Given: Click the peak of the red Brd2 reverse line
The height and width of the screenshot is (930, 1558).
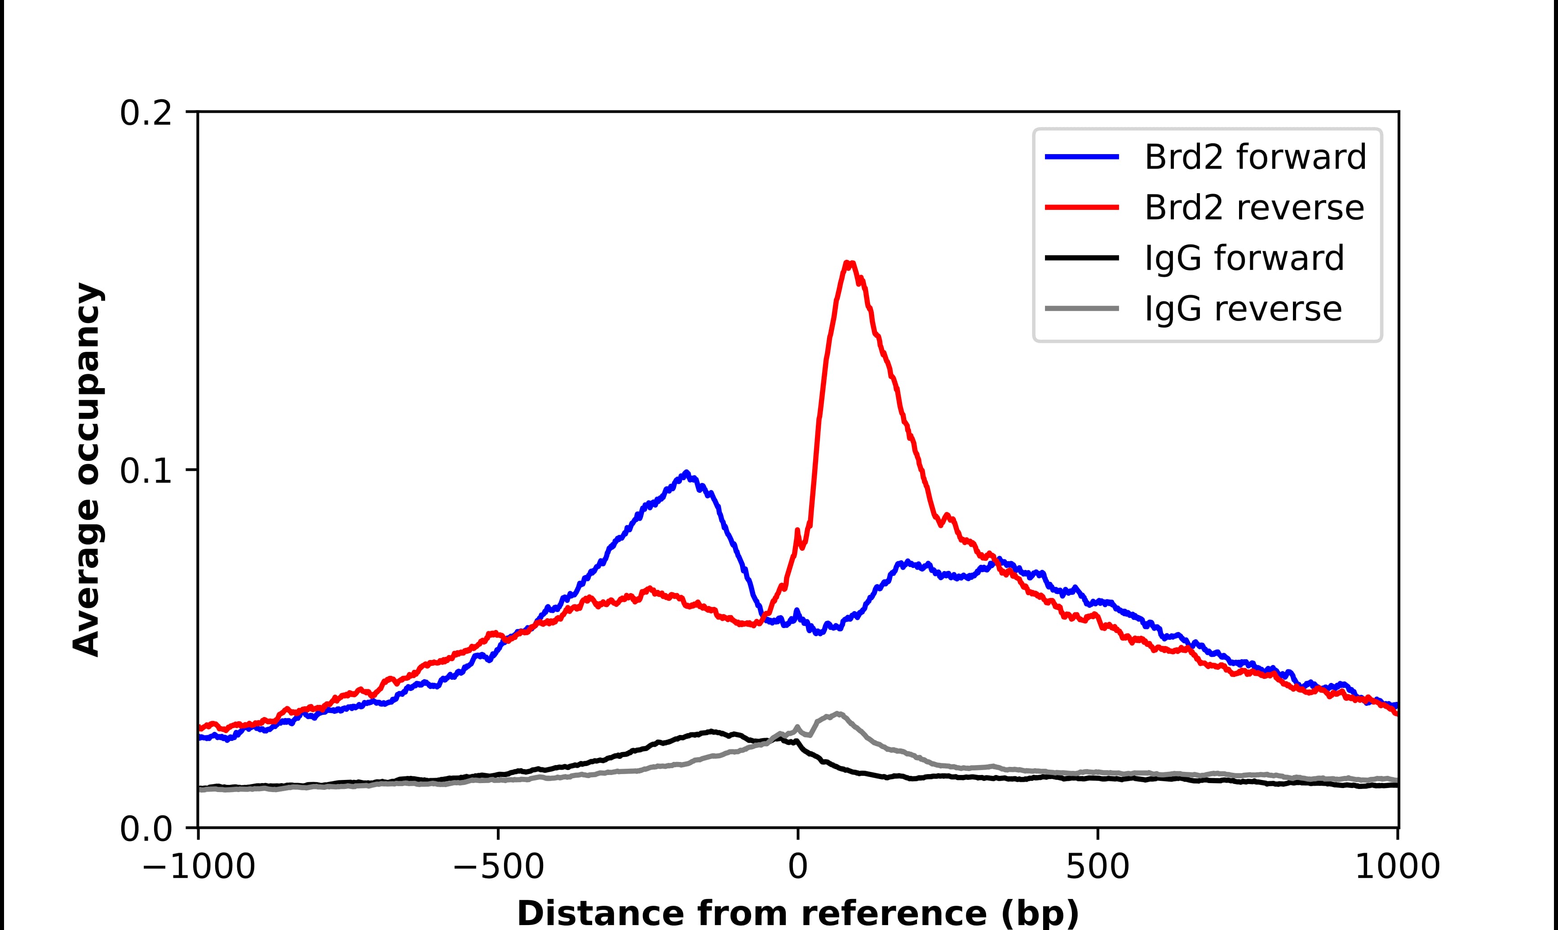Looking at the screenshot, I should (x=849, y=263).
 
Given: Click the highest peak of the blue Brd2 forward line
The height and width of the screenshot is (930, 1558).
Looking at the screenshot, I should (x=686, y=473).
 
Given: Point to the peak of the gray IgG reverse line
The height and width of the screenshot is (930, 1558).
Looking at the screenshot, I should (x=838, y=714).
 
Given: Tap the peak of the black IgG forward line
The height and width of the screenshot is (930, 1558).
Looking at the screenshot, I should (x=711, y=731).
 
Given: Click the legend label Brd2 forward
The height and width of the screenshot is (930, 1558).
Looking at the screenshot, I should (x=1255, y=157).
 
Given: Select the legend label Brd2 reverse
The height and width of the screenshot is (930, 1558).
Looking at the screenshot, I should (x=1253, y=208).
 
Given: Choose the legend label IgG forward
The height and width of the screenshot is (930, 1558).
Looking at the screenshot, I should (x=1244, y=258).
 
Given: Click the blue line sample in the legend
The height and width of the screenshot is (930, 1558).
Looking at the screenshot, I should (x=1082, y=157).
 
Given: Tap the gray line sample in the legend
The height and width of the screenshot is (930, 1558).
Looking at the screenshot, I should (x=1082, y=309).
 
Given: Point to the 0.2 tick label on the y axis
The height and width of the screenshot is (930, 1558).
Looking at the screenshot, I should (x=146, y=113).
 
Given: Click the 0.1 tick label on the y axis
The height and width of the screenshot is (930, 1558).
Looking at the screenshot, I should (x=146, y=471).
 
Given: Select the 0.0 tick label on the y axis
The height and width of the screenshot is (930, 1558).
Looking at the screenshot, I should (x=146, y=829).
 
